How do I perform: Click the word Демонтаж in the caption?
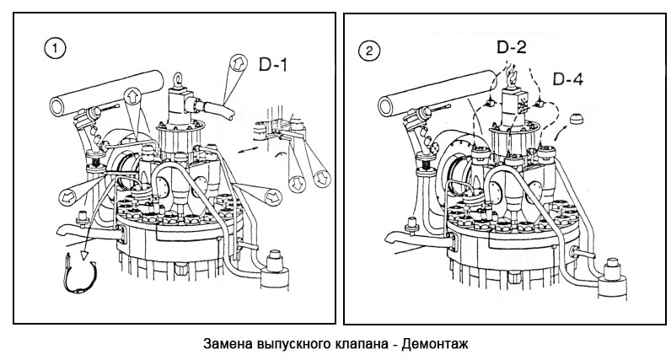433,345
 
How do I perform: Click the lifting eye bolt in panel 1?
179,78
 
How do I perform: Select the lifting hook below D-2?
509,78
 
